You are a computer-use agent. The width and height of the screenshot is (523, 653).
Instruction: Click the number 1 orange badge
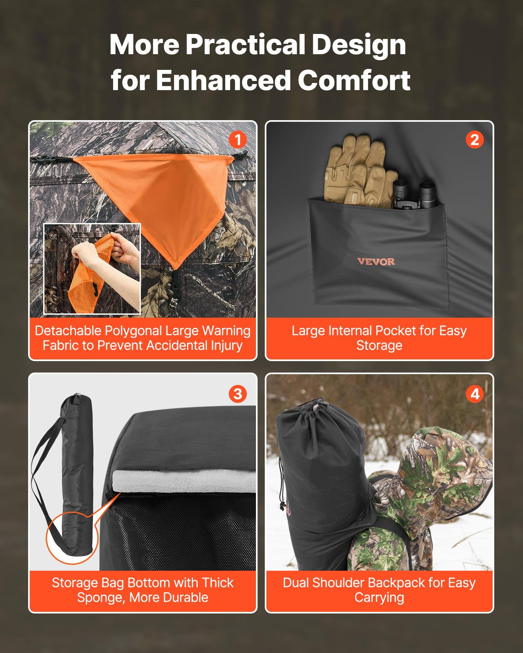[x=238, y=140]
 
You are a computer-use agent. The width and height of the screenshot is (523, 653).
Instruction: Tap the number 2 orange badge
[x=474, y=140]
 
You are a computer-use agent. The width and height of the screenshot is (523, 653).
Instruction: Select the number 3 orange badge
[x=238, y=394]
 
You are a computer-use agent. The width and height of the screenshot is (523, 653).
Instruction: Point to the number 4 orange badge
[x=474, y=394]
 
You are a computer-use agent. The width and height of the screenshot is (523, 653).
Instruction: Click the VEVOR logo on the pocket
[x=376, y=262]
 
